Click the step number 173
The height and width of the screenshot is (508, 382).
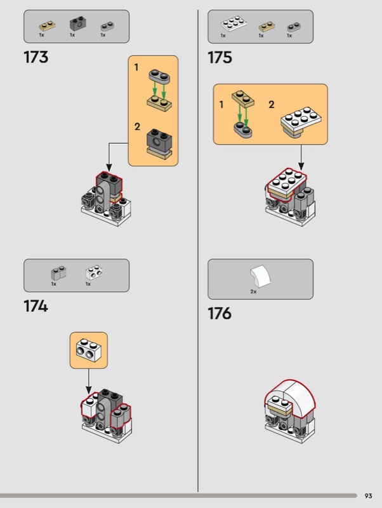(36, 57)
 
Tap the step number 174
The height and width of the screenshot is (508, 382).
(36, 306)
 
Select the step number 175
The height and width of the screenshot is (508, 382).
(220, 57)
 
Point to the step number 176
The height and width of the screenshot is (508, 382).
(220, 313)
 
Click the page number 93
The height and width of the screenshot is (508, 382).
(369, 496)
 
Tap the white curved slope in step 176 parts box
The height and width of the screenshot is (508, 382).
(260, 276)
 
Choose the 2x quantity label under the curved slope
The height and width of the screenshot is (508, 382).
(253, 291)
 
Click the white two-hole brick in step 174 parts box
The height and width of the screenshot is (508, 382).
(94, 273)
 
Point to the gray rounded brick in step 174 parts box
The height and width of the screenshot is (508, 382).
(58, 273)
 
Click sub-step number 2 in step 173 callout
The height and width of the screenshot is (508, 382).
(137, 126)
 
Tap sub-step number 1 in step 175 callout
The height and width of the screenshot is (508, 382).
(221, 105)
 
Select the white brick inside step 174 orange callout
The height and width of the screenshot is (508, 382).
(88, 350)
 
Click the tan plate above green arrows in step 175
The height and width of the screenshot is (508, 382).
(243, 99)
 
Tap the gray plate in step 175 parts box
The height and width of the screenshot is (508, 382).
(294, 27)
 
